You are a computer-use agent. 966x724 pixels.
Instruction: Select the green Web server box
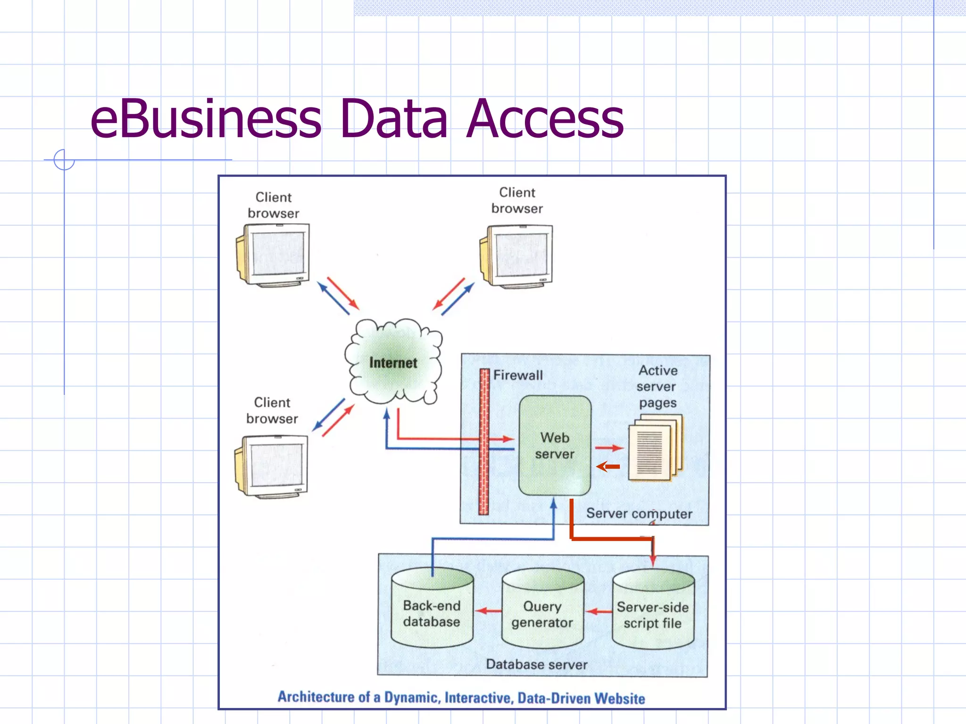(x=555, y=445)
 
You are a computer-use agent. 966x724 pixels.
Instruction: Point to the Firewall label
(x=518, y=375)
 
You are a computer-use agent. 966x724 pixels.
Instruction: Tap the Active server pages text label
(x=657, y=387)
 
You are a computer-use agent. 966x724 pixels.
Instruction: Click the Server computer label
(x=639, y=513)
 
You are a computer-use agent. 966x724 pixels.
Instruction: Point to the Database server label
(x=536, y=665)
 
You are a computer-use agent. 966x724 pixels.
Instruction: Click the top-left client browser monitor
(x=274, y=255)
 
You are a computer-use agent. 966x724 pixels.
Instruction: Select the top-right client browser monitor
(x=517, y=255)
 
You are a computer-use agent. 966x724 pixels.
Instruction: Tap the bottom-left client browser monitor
(x=272, y=466)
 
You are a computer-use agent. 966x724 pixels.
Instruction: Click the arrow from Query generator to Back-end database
(x=488, y=611)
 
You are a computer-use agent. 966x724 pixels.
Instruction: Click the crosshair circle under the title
(x=64, y=160)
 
